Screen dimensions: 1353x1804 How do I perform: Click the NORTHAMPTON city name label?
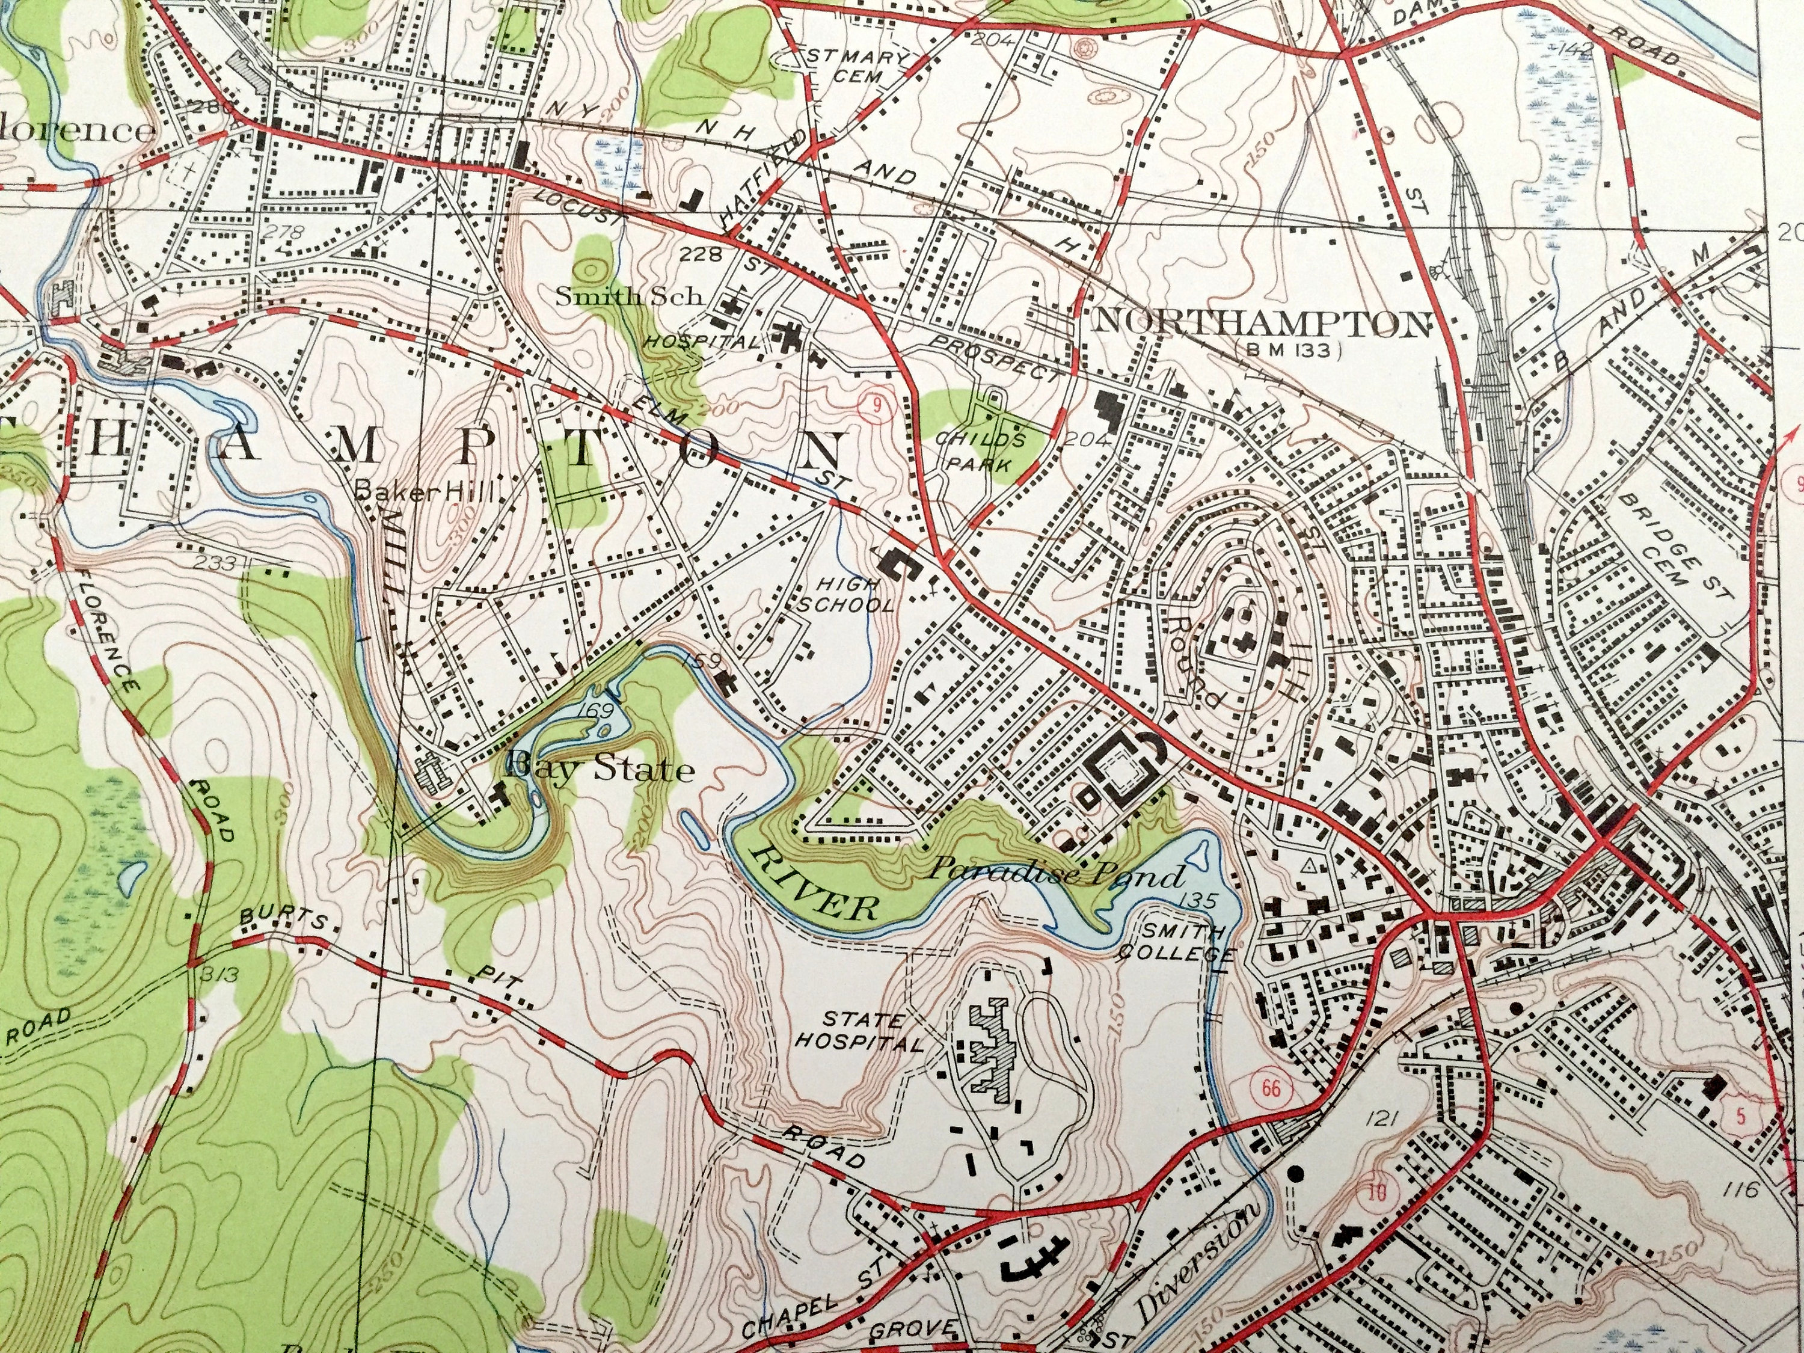[1260, 323]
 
